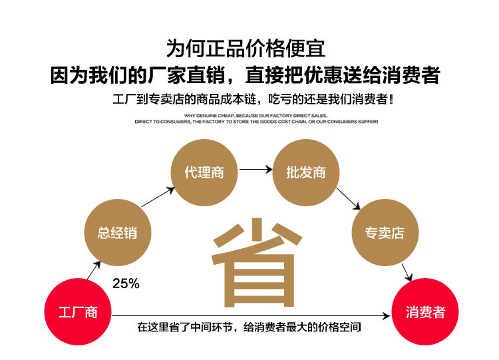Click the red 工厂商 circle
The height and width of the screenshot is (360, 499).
(78, 312)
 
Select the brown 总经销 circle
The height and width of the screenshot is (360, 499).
(117, 232)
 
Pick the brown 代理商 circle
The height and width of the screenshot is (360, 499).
(204, 172)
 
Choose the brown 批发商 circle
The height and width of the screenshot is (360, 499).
(305, 172)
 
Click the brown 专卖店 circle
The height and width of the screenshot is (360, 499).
(383, 232)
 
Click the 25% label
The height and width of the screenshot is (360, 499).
(126, 283)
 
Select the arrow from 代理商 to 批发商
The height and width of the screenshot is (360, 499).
(255, 170)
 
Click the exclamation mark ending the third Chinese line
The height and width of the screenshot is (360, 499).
(390, 100)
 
